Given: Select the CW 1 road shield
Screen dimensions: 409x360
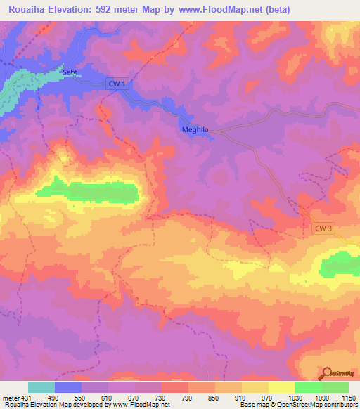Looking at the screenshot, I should (x=118, y=84).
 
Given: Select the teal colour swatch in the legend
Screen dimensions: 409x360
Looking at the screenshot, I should (x=41, y=387).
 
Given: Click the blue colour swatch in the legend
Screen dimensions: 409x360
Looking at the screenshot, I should (x=68, y=387).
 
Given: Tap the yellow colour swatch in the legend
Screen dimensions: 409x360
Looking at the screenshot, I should (x=282, y=387).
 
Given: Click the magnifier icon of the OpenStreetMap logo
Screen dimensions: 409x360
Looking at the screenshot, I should (x=328, y=373).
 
